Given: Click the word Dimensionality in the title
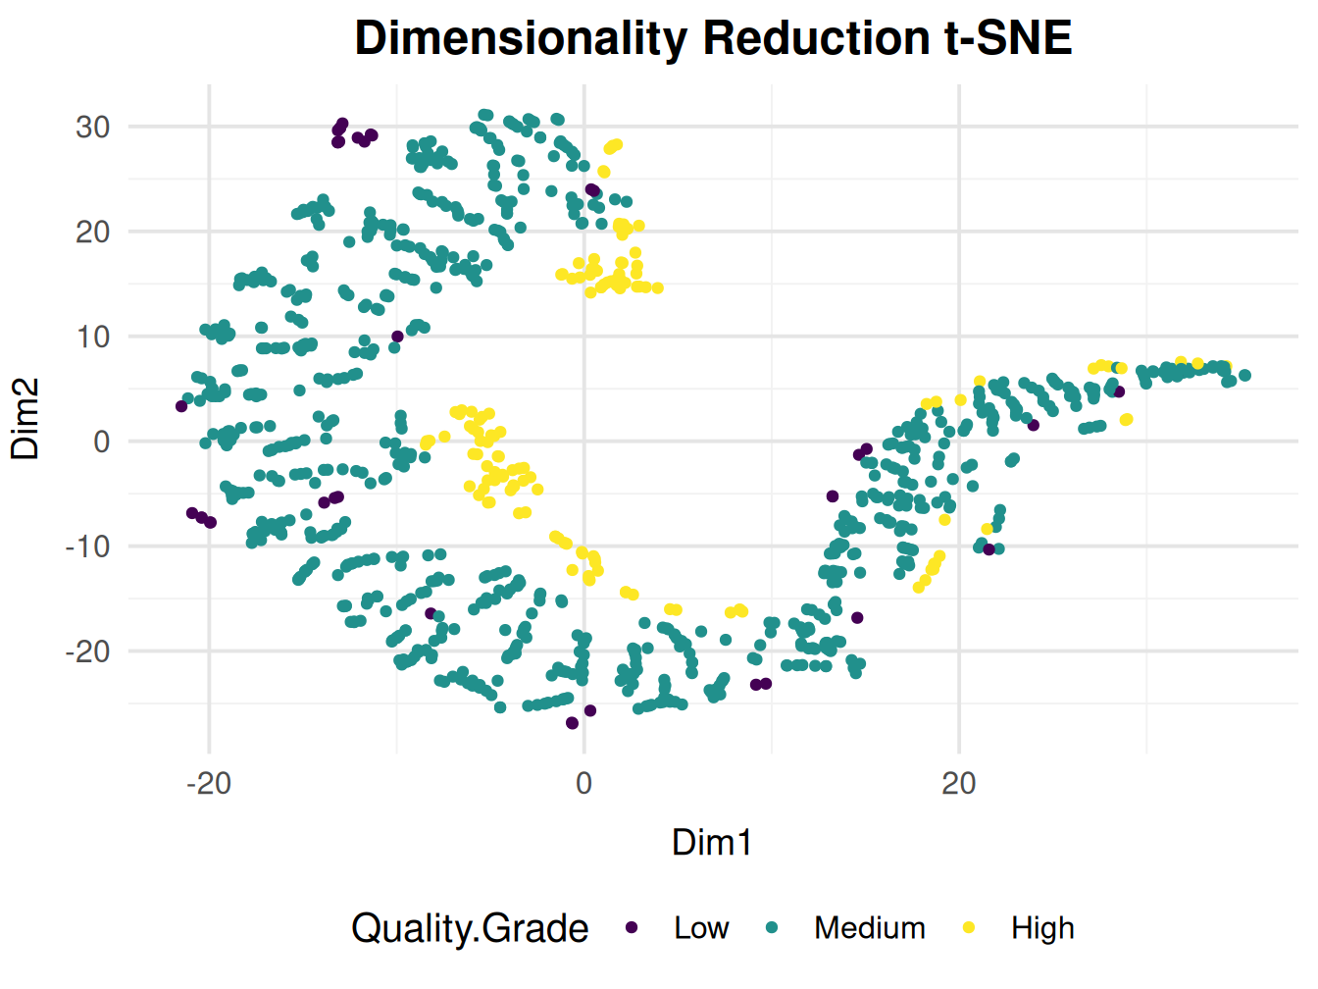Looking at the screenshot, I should coord(520,39).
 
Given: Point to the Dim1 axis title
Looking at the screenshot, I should coord(712,843).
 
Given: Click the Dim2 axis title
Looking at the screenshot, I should coord(25,419).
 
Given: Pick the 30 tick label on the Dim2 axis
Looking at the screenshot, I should coord(93,128).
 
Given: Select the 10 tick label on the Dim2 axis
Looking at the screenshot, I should coord(93,337).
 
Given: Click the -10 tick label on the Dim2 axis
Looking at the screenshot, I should coord(87,547).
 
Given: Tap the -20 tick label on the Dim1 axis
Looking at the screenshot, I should coord(209,783).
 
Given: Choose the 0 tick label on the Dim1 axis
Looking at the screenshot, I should coord(584,783).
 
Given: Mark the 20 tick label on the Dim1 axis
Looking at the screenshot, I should coord(959,783).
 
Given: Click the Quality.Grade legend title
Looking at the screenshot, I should coord(470,928).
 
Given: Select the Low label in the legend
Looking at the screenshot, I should coord(701,928).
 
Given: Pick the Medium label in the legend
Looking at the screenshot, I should coord(870,928).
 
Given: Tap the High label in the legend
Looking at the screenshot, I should coord(1042,928).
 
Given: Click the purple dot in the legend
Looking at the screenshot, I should coord(633,928).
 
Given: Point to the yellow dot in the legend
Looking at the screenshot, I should coord(970,928).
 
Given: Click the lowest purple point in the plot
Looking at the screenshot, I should coord(573,723).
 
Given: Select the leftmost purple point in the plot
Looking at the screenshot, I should coord(181,406).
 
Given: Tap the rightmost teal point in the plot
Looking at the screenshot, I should coord(1245,375).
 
